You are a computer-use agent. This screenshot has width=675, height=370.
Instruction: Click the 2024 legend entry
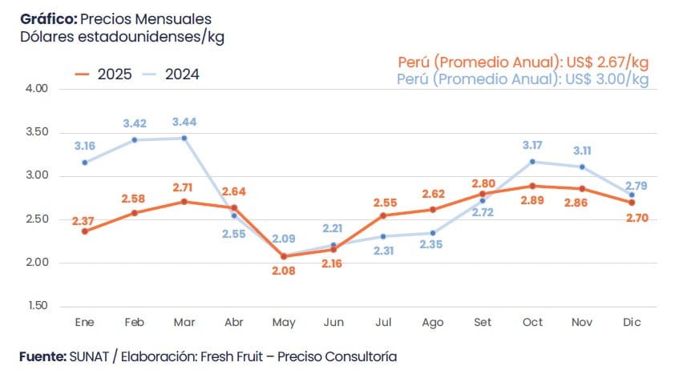(170, 74)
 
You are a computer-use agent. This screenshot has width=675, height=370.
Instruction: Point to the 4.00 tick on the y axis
(38, 88)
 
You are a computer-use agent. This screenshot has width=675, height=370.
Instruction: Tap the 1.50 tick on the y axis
(38, 306)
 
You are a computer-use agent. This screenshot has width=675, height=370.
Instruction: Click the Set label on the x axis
(483, 321)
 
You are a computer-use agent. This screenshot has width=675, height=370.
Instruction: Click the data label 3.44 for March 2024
(185, 122)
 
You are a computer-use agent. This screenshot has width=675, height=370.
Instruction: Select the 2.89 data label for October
(532, 199)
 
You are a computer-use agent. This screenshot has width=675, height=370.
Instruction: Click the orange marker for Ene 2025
(85, 231)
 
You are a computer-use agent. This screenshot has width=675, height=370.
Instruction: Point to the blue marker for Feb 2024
(135, 140)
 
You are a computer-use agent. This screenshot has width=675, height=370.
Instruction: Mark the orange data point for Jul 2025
(384, 215)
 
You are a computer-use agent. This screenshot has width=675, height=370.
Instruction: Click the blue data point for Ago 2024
(433, 233)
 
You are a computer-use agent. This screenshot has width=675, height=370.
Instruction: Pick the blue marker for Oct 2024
(532, 162)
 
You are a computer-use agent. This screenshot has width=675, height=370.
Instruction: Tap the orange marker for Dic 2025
(632, 203)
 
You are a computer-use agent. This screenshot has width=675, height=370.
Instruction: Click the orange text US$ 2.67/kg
(604, 62)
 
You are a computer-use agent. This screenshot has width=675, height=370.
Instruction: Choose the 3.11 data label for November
(582, 151)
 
